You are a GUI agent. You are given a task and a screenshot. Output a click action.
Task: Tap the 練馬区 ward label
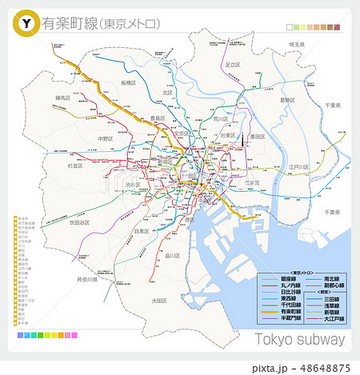tap(63, 98)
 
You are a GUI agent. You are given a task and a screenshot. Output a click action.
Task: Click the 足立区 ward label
tap(232, 64)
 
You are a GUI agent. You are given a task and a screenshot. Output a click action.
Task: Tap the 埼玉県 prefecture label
tap(298, 44)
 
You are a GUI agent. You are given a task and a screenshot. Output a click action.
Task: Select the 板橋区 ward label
tap(129, 83)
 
